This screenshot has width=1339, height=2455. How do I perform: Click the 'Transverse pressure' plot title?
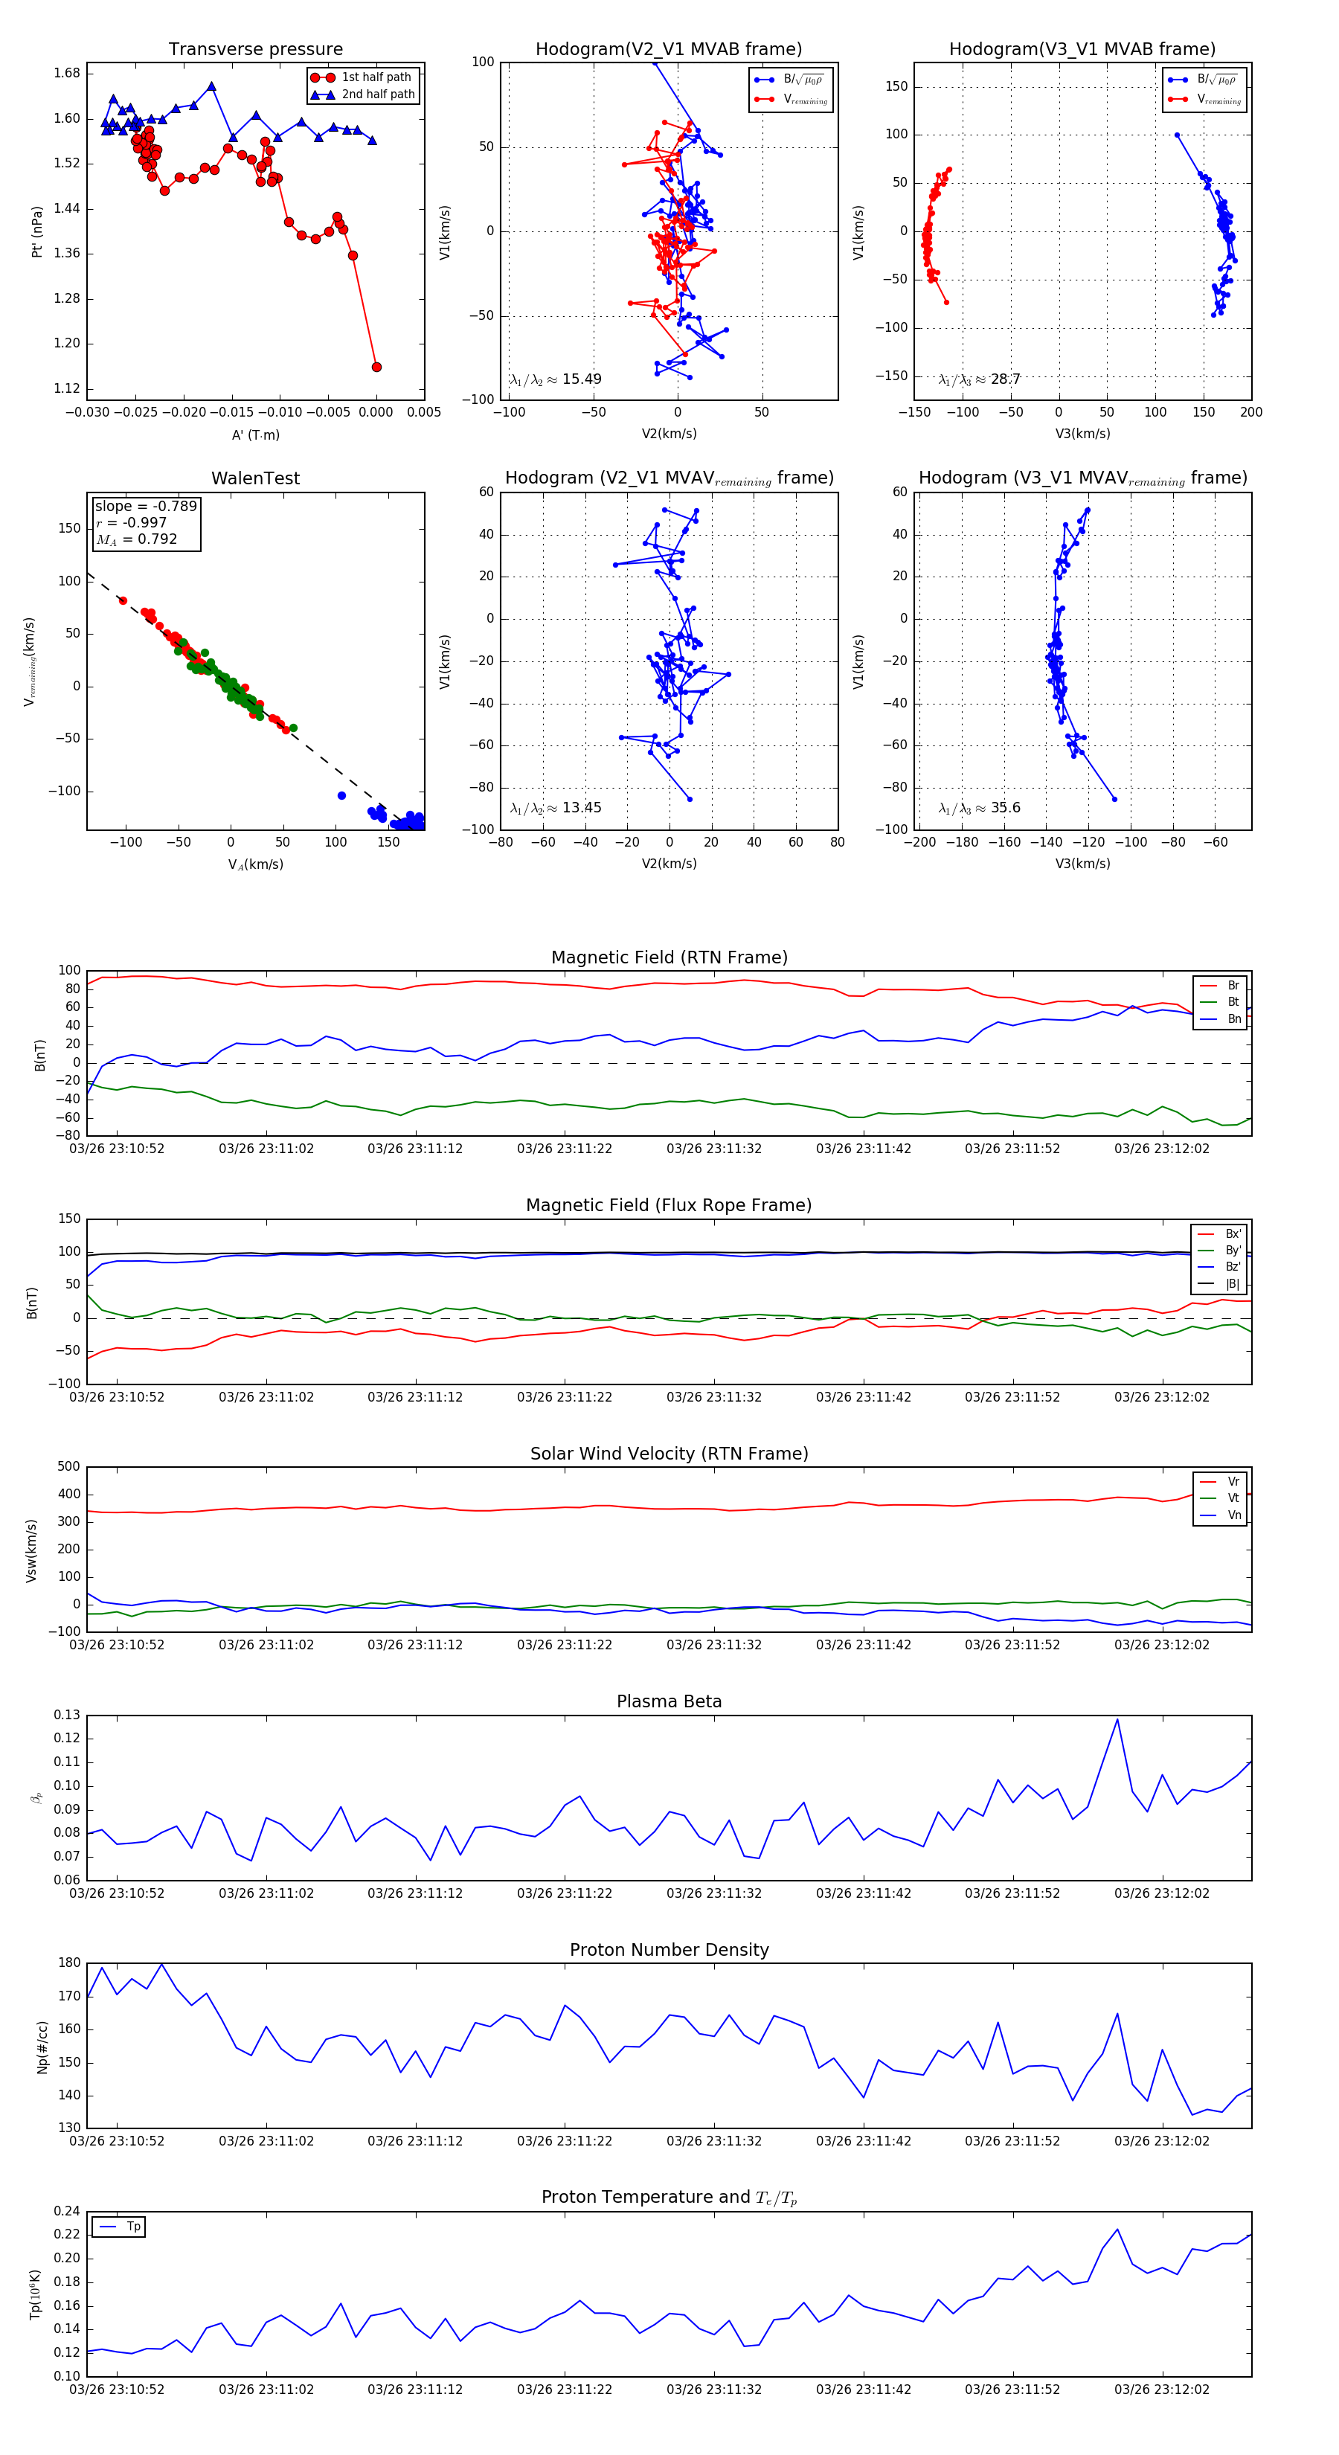[255, 50]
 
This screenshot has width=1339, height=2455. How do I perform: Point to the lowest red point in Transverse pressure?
[376, 367]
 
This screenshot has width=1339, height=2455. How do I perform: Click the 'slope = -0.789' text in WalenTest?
[146, 506]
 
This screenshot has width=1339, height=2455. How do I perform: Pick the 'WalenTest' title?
[255, 478]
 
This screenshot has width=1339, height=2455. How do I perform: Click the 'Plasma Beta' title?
[669, 1702]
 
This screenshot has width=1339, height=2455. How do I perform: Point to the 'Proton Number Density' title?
[669, 1950]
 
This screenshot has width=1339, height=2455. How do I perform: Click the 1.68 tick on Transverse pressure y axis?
[67, 74]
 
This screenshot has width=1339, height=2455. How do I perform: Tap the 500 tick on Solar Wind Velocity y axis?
[68, 1467]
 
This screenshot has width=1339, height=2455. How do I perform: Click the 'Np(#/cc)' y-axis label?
[42, 2046]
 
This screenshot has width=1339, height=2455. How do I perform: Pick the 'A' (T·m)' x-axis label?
[255, 435]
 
